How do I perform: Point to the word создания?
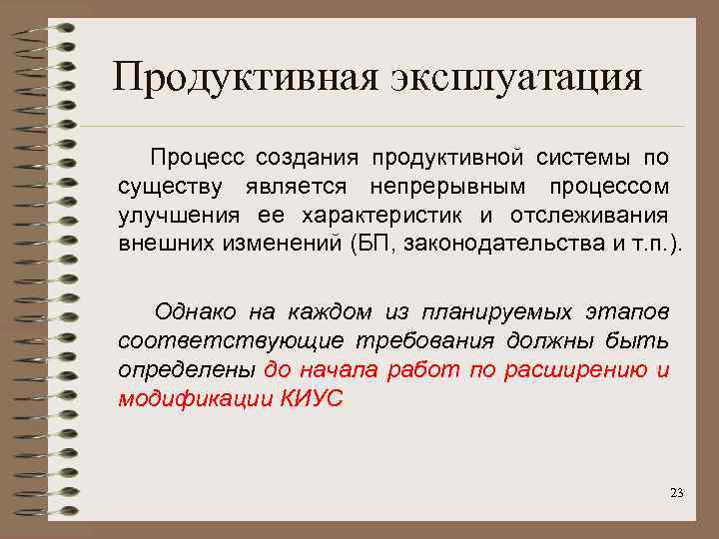[308, 157]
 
